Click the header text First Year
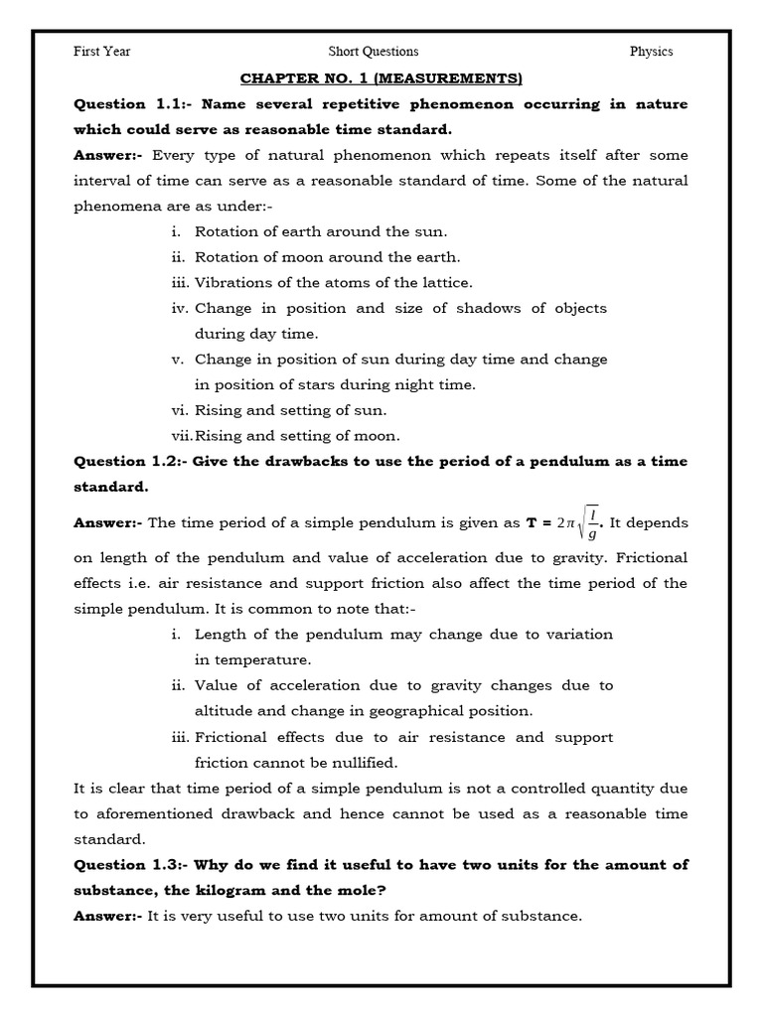[101, 52]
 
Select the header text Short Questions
[374, 52]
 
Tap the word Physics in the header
[651, 52]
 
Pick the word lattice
[446, 283]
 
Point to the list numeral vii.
[181, 436]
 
